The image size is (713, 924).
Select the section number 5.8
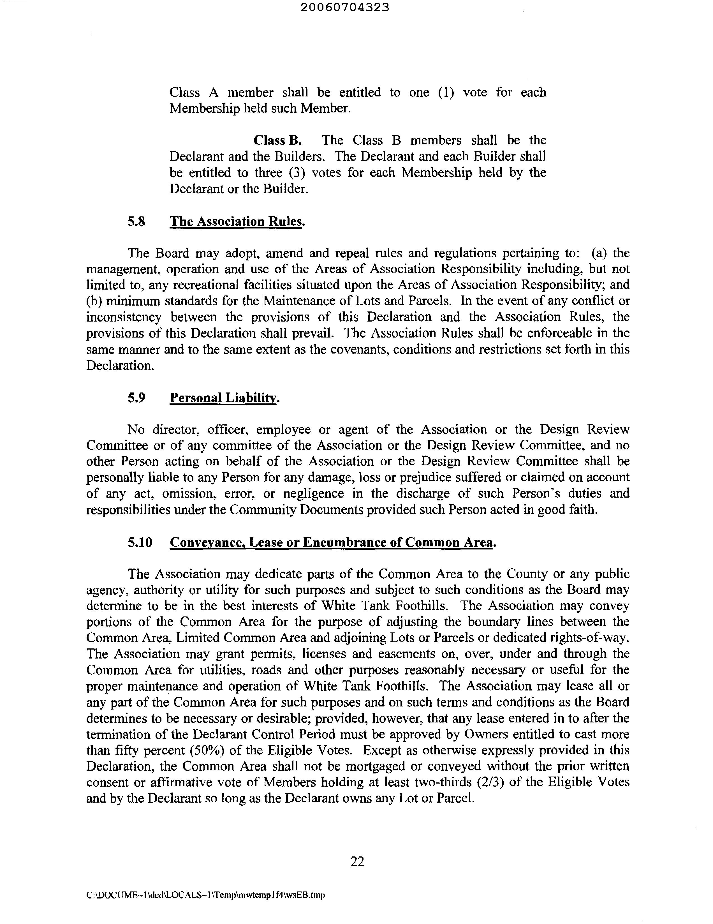(x=136, y=221)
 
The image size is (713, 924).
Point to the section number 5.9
(x=136, y=398)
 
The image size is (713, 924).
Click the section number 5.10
(x=140, y=542)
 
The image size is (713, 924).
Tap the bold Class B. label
(x=277, y=140)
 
